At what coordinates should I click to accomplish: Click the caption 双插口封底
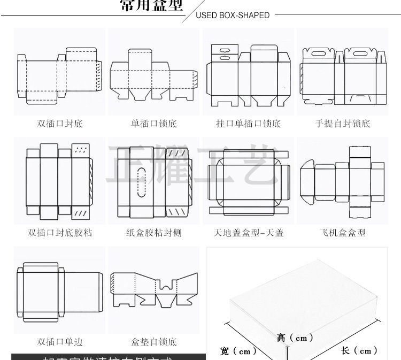pyautogui.click(x=60, y=124)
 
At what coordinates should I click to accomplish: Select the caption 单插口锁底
pyautogui.click(x=154, y=124)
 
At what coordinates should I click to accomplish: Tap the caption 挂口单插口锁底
pyautogui.click(x=248, y=124)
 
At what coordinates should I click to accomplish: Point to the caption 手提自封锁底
pyautogui.click(x=342, y=124)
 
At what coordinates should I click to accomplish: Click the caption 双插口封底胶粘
pyautogui.click(x=60, y=233)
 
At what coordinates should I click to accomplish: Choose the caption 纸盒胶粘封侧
pyautogui.click(x=154, y=233)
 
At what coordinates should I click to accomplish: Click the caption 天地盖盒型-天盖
pyautogui.click(x=248, y=233)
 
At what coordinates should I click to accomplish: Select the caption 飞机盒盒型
pyautogui.click(x=342, y=233)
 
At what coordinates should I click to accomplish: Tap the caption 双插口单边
pyautogui.click(x=60, y=342)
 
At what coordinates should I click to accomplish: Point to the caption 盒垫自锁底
pyautogui.click(x=154, y=342)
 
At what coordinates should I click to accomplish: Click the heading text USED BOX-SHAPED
pyautogui.click(x=233, y=15)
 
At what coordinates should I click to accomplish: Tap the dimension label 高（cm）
pyautogui.click(x=295, y=338)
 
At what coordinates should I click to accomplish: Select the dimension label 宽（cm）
pyautogui.click(x=238, y=351)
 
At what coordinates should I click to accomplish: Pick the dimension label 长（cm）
pyautogui.click(x=359, y=351)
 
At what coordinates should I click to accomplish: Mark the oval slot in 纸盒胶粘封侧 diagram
pyautogui.click(x=142, y=182)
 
